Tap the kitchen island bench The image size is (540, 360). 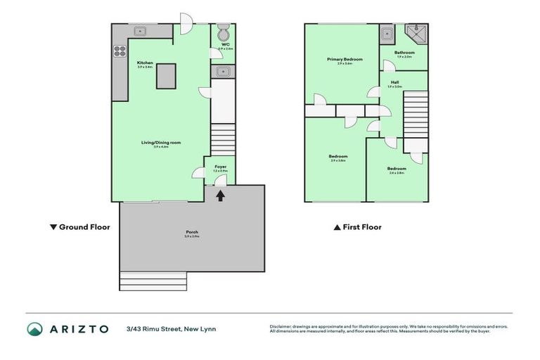(166, 76)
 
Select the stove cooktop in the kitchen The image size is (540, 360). (120, 51)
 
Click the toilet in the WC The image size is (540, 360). (224, 33)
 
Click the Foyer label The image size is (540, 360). (220, 167)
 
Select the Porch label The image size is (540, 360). (191, 233)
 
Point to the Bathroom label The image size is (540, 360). (404, 53)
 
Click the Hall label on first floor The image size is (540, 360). (394, 84)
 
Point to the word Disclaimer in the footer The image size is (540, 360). (282, 326)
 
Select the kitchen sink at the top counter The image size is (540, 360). (140, 30)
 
